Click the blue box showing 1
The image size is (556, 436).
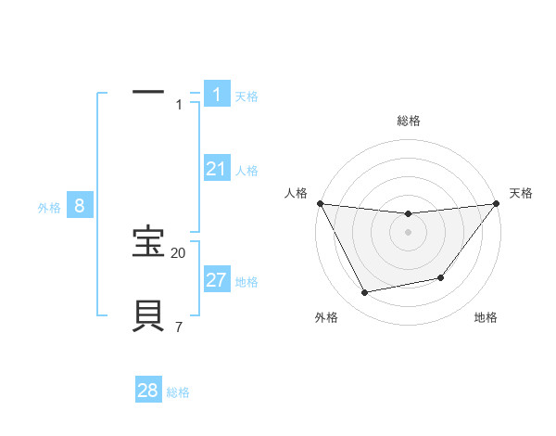pos(217,95)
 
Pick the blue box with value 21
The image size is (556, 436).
pos(217,169)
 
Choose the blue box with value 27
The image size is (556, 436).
pos(217,280)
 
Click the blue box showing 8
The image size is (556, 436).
pos(80,206)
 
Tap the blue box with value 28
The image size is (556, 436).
pos(148,391)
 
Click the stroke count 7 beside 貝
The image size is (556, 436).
pos(179,327)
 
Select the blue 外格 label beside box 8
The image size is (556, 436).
pos(49,208)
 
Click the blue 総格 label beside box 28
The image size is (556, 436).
pos(178,392)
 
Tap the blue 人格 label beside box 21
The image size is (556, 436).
pos(246,171)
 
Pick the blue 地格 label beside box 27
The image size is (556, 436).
pos(246,282)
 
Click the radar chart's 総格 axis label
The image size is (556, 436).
pos(409,121)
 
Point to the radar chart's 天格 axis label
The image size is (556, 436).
pos(521,193)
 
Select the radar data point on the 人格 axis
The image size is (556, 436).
pos(320,203)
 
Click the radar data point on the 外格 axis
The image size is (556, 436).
pos(365,293)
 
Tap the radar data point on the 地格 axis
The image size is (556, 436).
pos(441,277)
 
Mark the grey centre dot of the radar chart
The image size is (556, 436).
pos(409,232)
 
